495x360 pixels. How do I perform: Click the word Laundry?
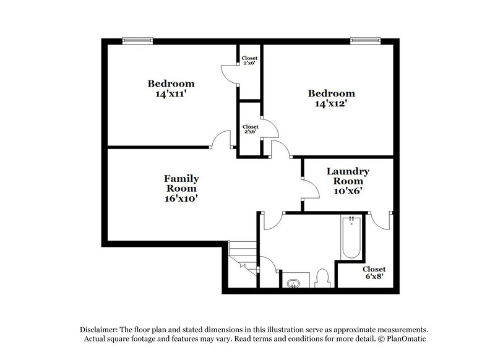click(348, 171)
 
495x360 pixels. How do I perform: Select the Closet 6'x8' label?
click(374, 273)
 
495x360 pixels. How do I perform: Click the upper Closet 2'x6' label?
click(250, 60)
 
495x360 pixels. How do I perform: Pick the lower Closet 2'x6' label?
click(250, 129)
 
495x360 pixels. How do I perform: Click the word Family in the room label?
click(181, 178)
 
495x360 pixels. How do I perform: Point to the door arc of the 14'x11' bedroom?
click(221, 140)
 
